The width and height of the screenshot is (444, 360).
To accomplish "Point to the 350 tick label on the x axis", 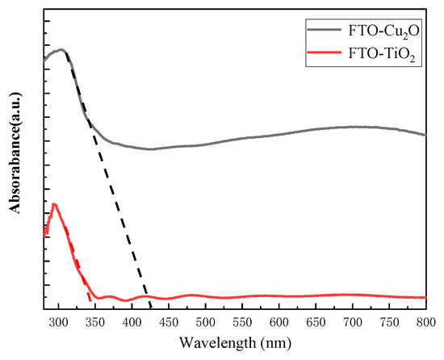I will click(95, 323).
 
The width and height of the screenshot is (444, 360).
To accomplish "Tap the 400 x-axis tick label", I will click(132, 323).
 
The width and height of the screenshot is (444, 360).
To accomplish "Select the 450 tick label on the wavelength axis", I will click(169, 323).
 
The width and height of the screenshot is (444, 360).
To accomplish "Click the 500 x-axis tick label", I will click(205, 323).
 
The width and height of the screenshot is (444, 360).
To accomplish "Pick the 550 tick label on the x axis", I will click(242, 323).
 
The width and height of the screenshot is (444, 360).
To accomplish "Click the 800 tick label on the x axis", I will click(425, 323).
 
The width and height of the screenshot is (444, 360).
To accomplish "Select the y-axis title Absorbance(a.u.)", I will click(15, 159).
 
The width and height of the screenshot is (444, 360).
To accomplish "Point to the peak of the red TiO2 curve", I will click(54, 204).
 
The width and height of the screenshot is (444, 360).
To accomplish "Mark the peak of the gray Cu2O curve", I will click(61, 50).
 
